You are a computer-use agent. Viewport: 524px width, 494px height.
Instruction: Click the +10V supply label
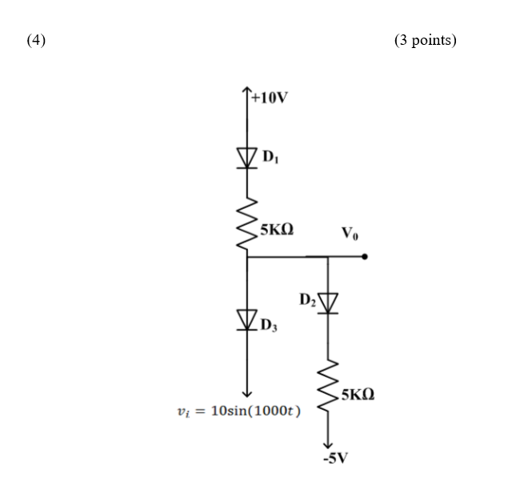pyautogui.click(x=270, y=98)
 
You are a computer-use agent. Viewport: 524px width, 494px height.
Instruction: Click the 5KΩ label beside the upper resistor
pyautogui.click(x=276, y=229)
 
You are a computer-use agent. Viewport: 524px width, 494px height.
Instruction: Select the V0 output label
pyautogui.click(x=350, y=234)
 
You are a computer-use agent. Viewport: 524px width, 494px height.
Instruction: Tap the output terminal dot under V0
pyautogui.click(x=365, y=257)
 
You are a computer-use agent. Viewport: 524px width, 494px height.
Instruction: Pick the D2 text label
pyautogui.click(x=307, y=299)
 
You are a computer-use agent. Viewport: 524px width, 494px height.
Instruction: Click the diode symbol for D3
pyautogui.click(x=246, y=321)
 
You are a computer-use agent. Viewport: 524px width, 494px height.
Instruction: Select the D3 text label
pyautogui.click(x=270, y=325)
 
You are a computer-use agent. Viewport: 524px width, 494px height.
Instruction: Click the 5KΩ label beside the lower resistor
pyautogui.click(x=357, y=395)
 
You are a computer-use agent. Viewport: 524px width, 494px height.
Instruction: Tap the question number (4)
pyautogui.click(x=36, y=40)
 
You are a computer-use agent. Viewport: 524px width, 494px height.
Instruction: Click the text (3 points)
pyautogui.click(x=425, y=40)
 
